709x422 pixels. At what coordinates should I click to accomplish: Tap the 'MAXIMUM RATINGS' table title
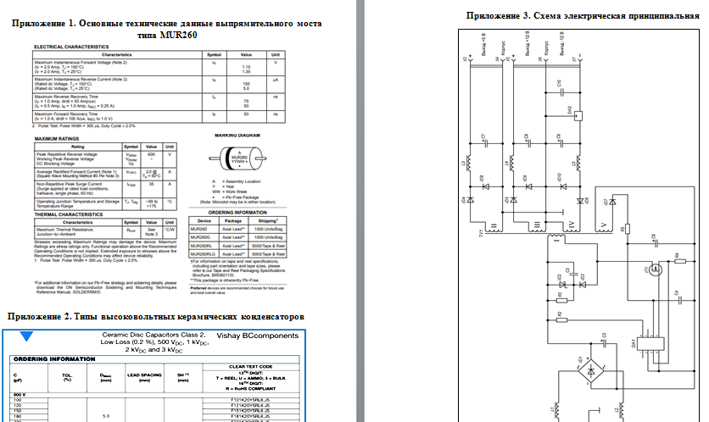59,136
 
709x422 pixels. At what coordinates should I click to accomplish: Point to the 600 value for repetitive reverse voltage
151,153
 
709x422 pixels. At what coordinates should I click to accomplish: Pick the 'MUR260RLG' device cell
203,253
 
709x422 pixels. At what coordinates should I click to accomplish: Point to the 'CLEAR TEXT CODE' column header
254,365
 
